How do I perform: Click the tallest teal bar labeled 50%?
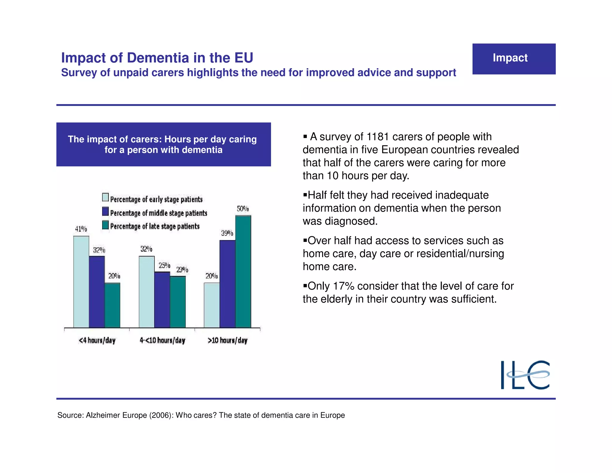click(243, 271)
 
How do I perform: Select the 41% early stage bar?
click(81, 282)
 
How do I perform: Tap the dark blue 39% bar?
click(227, 284)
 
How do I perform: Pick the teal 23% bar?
click(178, 302)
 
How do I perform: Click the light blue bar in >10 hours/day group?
click(212, 305)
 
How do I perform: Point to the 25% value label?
click(164, 266)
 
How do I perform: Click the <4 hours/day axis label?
click(97, 340)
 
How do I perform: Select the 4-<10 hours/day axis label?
click(163, 340)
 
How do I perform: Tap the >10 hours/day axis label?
click(228, 340)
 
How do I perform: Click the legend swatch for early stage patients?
click(105, 197)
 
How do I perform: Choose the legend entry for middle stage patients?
click(158, 213)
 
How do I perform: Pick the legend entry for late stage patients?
click(154, 226)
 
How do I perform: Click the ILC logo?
click(525, 375)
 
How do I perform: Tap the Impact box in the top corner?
click(514, 59)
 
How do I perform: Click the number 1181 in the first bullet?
click(378, 137)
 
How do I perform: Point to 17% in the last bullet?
click(343, 286)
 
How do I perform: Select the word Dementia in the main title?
click(158, 58)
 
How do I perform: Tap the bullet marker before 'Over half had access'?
click(305, 240)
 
